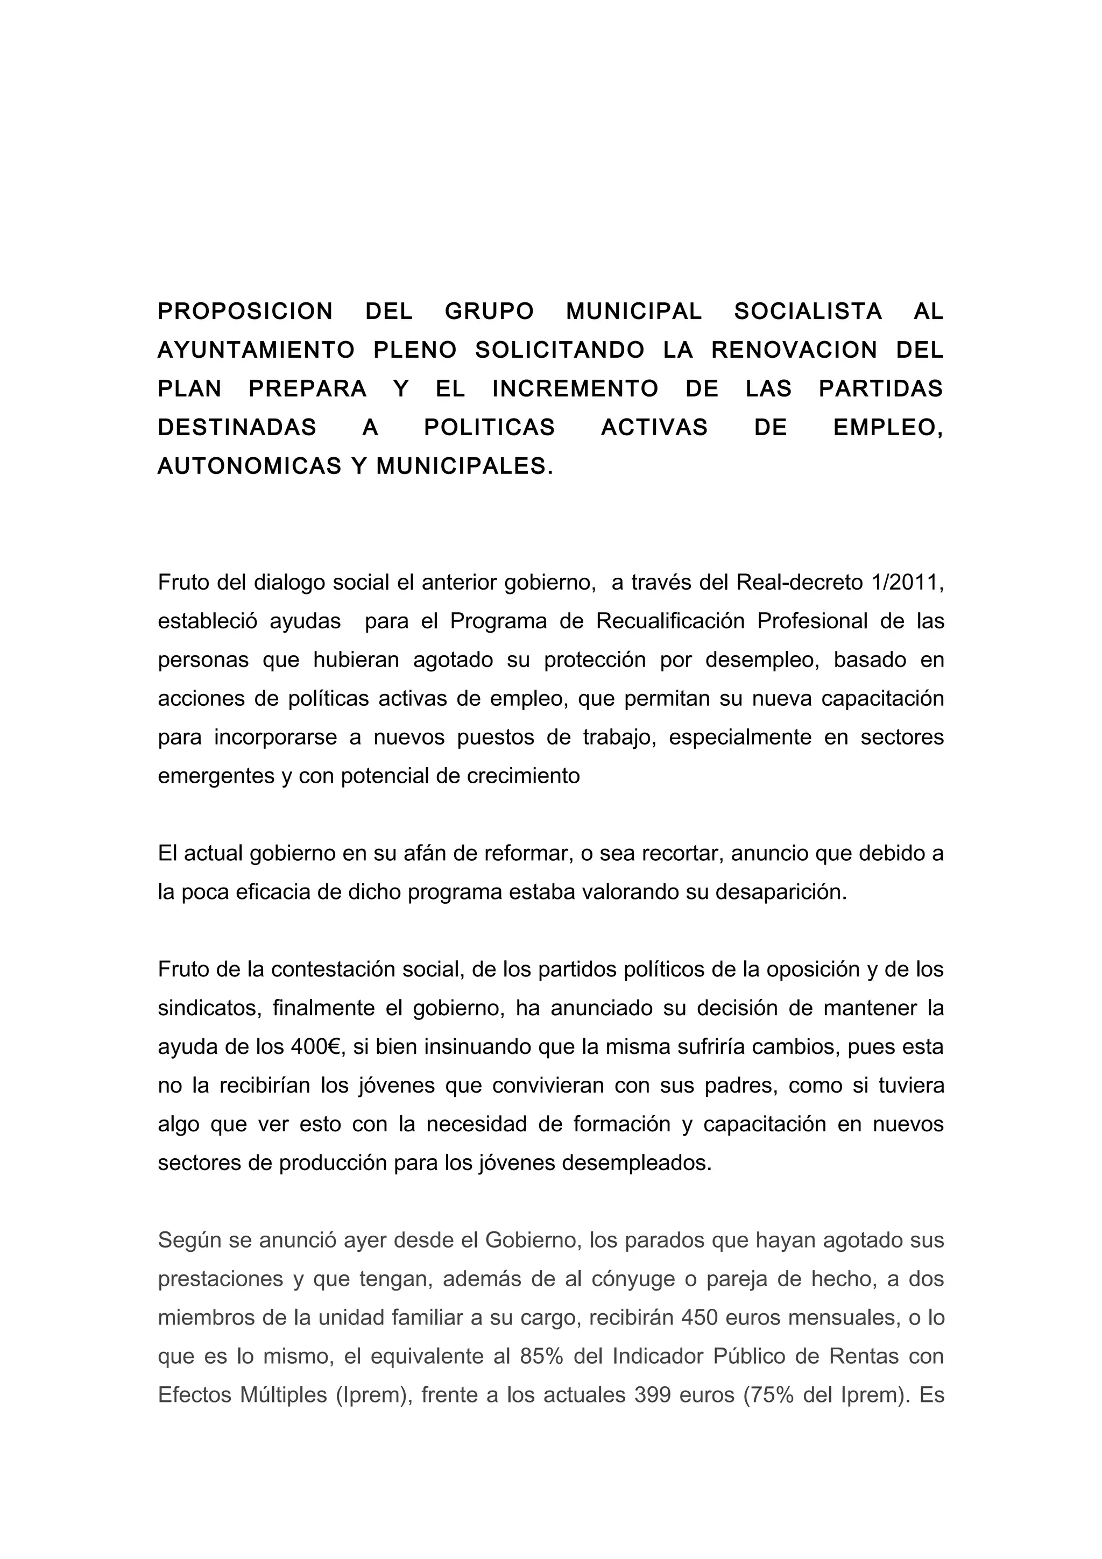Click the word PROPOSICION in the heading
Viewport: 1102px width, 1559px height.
pyautogui.click(x=245, y=311)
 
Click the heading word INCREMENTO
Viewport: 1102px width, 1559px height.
pyautogui.click(x=575, y=388)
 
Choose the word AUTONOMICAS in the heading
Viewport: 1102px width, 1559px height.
pyautogui.click(x=249, y=466)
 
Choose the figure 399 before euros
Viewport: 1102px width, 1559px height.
pyautogui.click(x=653, y=1395)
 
